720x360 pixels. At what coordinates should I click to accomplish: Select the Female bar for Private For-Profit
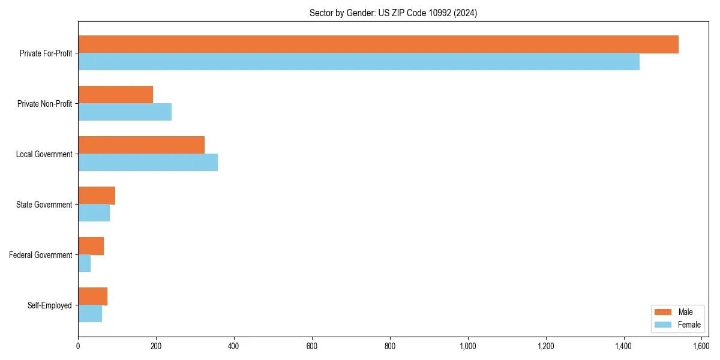point(359,62)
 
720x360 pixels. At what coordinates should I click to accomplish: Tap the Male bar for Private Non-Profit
point(115,95)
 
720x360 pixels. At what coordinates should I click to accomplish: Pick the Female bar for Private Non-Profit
point(125,112)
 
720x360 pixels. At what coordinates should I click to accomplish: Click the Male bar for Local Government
point(141,145)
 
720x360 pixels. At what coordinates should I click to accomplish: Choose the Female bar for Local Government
point(148,163)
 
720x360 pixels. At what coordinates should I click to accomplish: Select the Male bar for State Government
point(97,196)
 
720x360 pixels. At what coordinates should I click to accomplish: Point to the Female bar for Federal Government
point(85,263)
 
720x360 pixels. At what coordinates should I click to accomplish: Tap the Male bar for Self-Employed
point(92,296)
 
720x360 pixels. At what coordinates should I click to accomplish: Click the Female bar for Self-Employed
point(90,314)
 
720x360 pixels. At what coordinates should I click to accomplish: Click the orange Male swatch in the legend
point(663,312)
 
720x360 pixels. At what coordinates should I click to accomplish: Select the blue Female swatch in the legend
point(663,325)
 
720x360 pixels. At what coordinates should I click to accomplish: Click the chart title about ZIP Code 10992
point(393,13)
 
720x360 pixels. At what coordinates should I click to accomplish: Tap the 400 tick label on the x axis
point(234,346)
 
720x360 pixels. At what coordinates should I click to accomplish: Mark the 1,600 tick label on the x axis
point(701,346)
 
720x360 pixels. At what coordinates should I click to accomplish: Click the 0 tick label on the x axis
point(78,346)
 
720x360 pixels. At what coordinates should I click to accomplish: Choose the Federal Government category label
point(41,255)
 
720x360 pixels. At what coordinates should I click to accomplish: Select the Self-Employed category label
point(50,305)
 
